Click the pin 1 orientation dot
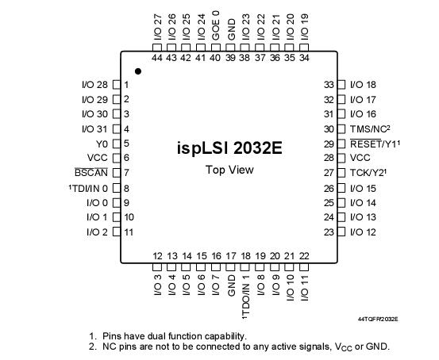pos(138,71)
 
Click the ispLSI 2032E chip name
pos(229,148)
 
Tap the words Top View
pos(229,170)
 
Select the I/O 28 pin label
pos(94,85)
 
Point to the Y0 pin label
pos(102,144)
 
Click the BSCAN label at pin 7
pos(91,173)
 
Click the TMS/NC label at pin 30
pos(369,129)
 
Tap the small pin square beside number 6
pos(115,158)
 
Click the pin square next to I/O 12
pos(342,232)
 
